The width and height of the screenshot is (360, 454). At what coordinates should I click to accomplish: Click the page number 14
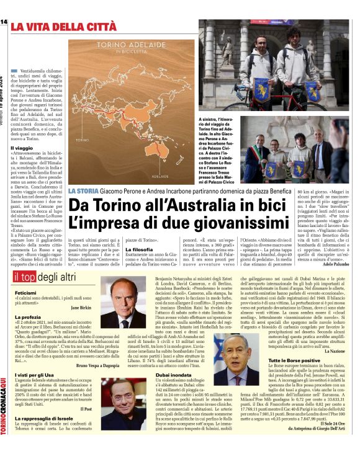tap(4, 22)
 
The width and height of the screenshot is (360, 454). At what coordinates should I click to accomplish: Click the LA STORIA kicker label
tap(83, 190)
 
